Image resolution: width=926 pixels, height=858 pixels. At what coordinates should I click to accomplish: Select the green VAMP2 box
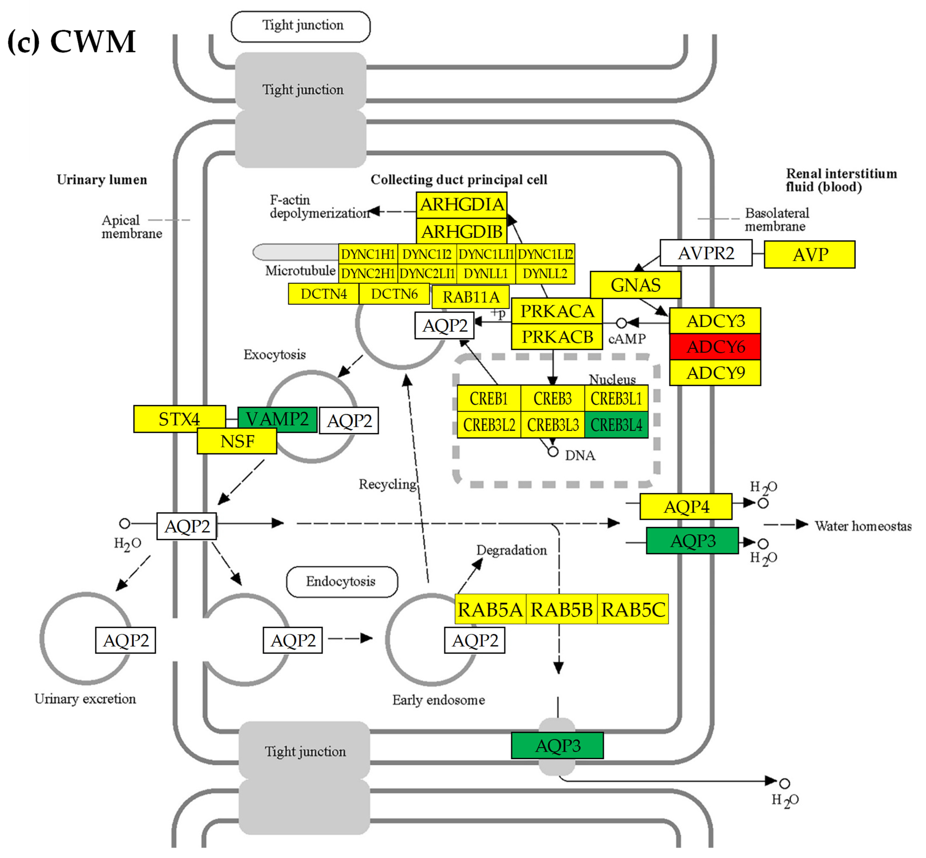pyautogui.click(x=277, y=419)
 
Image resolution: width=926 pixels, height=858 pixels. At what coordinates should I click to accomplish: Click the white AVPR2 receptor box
pyautogui.click(x=706, y=253)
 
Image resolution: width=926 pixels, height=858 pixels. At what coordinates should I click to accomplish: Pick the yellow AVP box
pyautogui.click(x=809, y=254)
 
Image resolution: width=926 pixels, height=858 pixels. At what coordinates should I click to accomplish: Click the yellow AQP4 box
pyautogui.click(x=686, y=507)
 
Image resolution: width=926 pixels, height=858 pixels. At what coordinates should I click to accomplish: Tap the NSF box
pyautogui.click(x=237, y=441)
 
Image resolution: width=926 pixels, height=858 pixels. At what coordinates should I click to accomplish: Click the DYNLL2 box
pyautogui.click(x=545, y=273)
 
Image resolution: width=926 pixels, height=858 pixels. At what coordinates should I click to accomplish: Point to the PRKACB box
pyautogui.click(x=557, y=337)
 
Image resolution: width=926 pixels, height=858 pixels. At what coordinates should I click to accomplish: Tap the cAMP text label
pyautogui.click(x=626, y=339)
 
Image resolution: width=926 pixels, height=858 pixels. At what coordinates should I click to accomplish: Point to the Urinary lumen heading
pyautogui.click(x=102, y=180)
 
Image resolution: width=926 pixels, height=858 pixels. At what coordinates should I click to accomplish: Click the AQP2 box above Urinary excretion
pyautogui.click(x=125, y=640)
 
